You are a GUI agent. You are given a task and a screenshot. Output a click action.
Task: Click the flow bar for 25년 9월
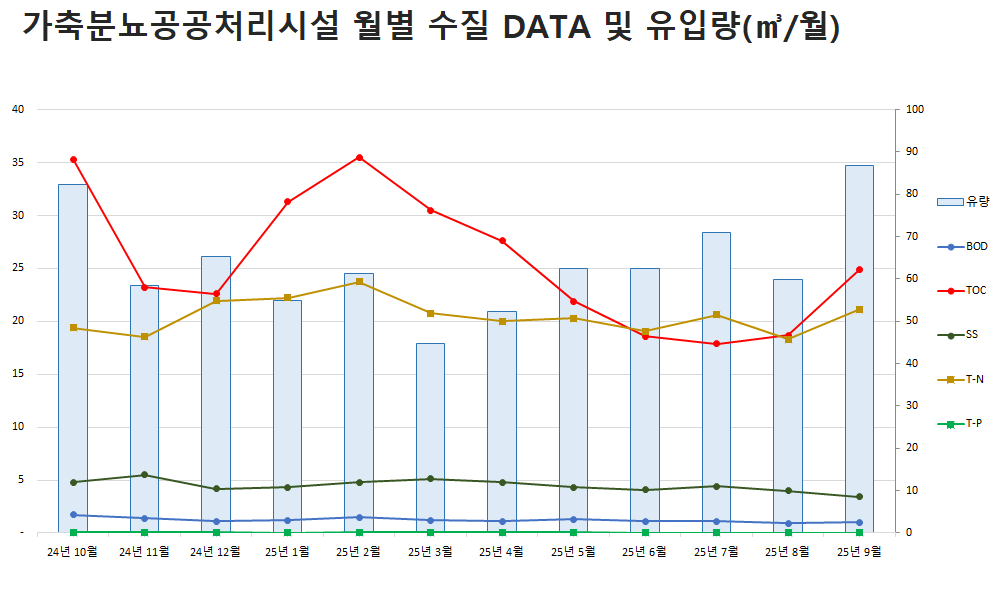coord(859,350)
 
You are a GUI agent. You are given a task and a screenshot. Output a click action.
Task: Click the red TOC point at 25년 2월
coord(359,157)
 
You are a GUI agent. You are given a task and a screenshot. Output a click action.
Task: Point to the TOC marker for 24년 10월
coord(73,159)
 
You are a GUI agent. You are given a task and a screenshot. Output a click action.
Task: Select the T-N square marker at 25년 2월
coord(359,282)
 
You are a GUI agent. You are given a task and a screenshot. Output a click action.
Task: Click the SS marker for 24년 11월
coord(144,475)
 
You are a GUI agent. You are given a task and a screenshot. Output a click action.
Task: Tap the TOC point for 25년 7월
coord(716,344)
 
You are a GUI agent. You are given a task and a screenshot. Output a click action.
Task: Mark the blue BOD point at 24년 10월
coord(73,515)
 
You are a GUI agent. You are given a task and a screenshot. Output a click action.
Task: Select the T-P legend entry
coord(963,424)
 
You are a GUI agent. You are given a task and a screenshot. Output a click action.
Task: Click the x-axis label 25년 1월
coord(287,551)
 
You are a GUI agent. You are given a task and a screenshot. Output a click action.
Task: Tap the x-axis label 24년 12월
coord(215,551)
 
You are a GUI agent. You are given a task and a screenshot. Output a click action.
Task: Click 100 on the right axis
coord(915,109)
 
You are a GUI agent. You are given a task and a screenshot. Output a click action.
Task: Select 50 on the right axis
coord(912,321)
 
